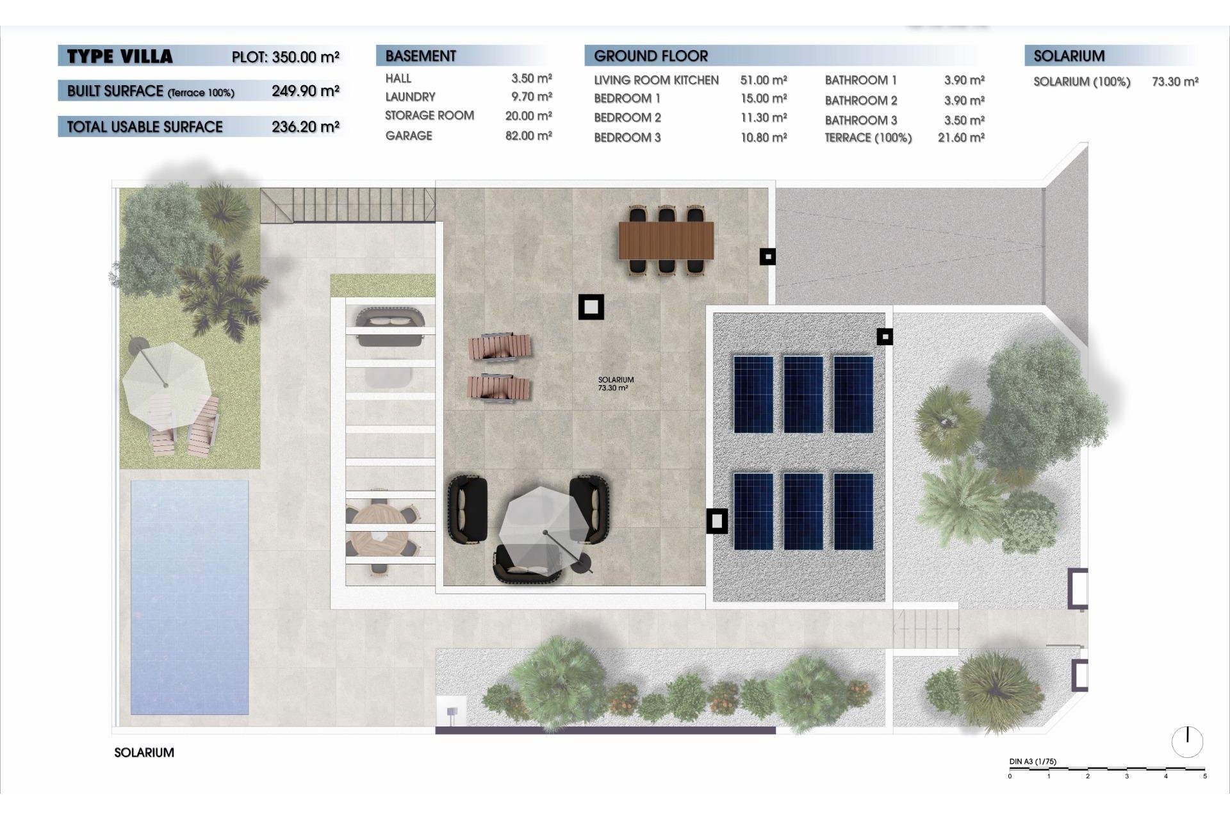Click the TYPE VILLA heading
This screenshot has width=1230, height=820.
point(120,56)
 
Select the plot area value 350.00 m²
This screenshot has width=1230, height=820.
point(305,57)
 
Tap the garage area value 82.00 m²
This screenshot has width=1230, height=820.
point(529,136)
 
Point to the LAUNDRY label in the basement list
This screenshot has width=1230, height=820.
point(410,97)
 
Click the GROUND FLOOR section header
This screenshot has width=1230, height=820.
point(651,56)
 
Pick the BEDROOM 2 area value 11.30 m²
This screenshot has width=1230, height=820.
point(764,118)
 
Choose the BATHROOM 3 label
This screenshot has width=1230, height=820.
point(861,120)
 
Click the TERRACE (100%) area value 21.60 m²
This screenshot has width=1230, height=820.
point(961,138)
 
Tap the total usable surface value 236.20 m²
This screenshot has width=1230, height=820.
point(305,127)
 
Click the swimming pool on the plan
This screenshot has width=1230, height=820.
point(190,597)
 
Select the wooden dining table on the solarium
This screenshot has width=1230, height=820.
point(666,240)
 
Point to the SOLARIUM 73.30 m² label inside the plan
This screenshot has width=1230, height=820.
point(615,384)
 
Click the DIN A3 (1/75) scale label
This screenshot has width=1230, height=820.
point(1033,762)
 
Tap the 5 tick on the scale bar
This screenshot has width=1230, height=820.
point(1204,776)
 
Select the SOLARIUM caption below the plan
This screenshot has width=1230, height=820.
point(144,753)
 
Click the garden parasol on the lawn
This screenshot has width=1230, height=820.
point(166,385)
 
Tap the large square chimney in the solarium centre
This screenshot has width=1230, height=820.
point(591,307)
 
